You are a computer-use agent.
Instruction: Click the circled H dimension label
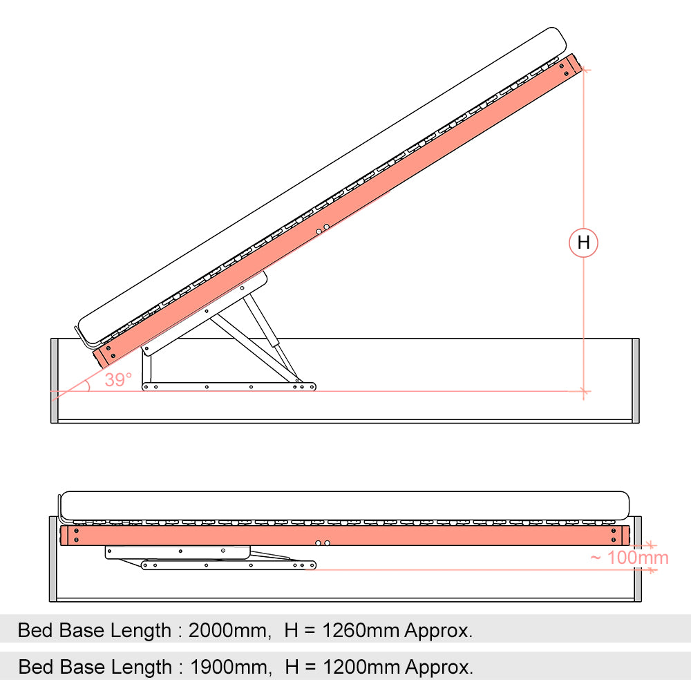point(583,243)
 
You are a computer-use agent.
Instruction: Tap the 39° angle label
point(118,379)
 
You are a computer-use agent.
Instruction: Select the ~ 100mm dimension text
point(630,558)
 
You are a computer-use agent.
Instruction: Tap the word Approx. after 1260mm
point(439,631)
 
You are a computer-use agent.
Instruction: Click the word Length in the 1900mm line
point(142,668)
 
